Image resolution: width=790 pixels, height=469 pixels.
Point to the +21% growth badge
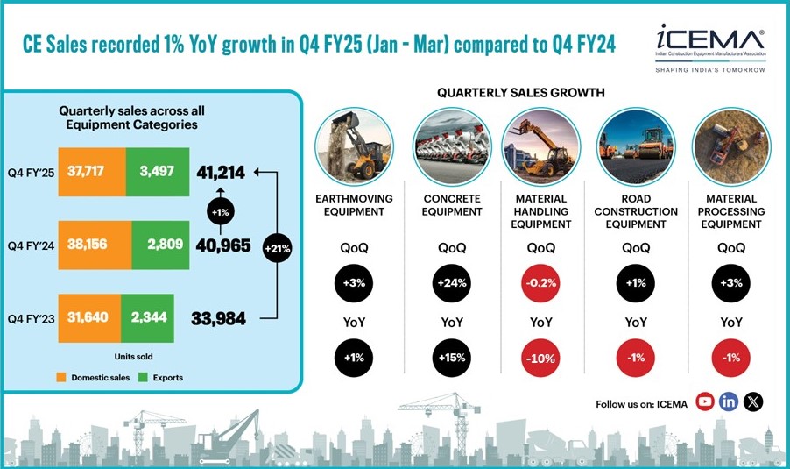coord(277,248)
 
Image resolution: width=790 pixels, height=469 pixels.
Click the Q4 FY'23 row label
coord(30,316)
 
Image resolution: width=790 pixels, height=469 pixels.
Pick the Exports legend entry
coord(165,378)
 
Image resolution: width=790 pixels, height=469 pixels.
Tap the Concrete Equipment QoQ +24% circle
coord(452,283)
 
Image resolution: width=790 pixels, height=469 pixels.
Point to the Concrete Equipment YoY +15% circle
coord(452,357)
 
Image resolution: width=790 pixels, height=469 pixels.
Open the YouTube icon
coord(705,401)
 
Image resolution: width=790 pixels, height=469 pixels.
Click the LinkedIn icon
coord(729,401)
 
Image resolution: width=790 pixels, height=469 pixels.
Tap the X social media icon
coord(753,401)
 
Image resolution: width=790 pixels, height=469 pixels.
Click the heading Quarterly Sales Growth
coord(520,93)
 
